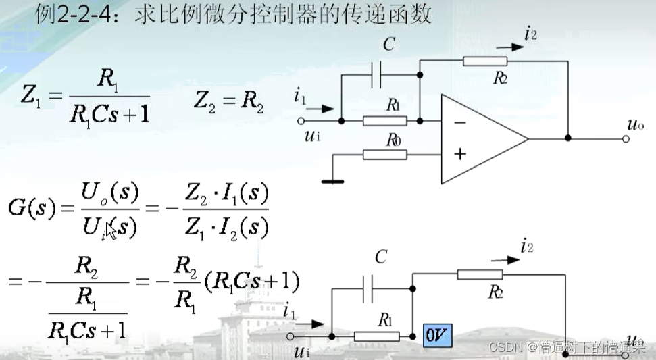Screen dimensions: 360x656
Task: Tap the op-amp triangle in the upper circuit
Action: (x=483, y=138)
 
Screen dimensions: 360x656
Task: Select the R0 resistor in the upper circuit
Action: (x=385, y=154)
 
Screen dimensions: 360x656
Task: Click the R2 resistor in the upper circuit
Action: (x=485, y=61)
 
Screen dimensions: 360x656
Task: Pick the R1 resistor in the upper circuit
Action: (x=385, y=121)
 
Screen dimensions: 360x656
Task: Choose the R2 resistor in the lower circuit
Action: (x=480, y=274)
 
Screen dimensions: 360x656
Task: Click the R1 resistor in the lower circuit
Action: (x=376, y=335)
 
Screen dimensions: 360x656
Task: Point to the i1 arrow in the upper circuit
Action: (x=324, y=108)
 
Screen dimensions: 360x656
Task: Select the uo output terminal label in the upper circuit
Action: (x=634, y=126)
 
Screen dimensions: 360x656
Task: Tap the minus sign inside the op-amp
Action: (x=460, y=122)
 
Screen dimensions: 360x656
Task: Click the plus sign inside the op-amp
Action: (x=460, y=154)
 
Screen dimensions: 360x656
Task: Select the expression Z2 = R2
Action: (x=228, y=103)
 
